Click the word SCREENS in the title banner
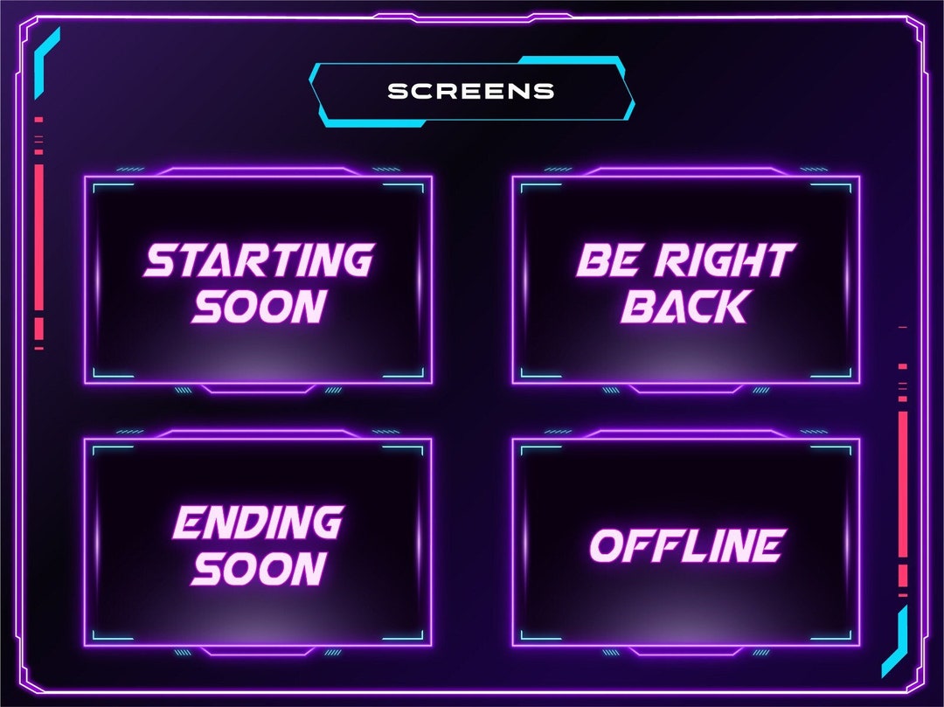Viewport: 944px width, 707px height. pyautogui.click(x=471, y=91)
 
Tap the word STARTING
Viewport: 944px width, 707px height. pyautogui.click(x=259, y=260)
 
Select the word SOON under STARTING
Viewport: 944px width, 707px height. pyautogui.click(x=259, y=307)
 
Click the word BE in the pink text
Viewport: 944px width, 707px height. pyautogui.click(x=604, y=260)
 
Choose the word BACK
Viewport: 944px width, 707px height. pyautogui.click(x=685, y=307)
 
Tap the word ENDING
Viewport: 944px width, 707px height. pyautogui.click(x=257, y=523)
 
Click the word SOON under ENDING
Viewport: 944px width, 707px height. pyautogui.click(x=259, y=569)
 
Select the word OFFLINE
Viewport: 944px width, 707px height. pyautogui.click(x=685, y=546)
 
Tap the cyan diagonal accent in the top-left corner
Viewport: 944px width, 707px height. pyautogui.click(x=46, y=52)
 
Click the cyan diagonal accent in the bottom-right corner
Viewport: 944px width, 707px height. pyautogui.click(x=895, y=642)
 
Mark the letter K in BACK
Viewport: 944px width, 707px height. pyautogui.click(x=732, y=307)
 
